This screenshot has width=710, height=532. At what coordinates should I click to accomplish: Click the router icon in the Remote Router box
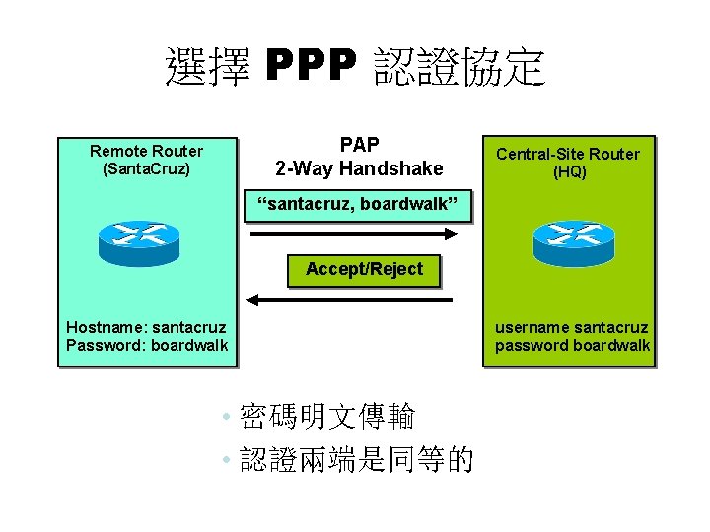pos(140,242)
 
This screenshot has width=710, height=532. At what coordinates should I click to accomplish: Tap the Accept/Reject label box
pos(364,269)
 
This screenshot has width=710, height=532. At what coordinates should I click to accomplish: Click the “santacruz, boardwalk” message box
pos(359,205)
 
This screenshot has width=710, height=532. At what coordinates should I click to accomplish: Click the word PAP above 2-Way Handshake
pos(359,145)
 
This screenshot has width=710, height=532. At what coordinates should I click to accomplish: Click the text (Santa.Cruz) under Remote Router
pos(146,168)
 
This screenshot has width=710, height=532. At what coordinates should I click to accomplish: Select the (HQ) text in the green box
pos(569,171)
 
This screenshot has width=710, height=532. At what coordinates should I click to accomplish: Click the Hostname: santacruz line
pos(146,327)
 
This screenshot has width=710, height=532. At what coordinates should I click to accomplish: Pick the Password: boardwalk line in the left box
pos(146,345)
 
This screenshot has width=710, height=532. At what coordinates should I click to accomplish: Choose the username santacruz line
pos(571,327)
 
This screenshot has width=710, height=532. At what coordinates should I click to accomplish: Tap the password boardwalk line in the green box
pos(572,345)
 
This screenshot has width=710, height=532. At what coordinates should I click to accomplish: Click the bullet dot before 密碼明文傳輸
pos(227,418)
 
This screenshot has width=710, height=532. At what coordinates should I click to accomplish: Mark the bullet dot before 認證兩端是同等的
pos(227,460)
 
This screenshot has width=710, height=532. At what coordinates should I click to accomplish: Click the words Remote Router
pos(146,151)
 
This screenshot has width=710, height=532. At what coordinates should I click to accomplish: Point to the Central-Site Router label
pos(568,154)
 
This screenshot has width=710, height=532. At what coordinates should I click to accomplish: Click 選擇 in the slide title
pos(208,68)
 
